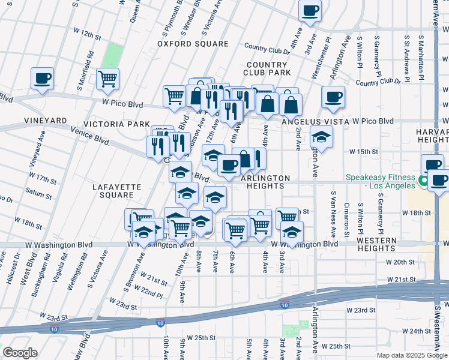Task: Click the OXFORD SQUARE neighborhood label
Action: pyautogui.click(x=193, y=44)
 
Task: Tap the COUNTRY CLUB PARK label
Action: pyautogui.click(x=266, y=68)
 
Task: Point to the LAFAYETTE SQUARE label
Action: pyautogui.click(x=117, y=191)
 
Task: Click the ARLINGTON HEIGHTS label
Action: pyautogui.click(x=265, y=182)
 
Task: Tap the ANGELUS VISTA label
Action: pyautogui.click(x=316, y=121)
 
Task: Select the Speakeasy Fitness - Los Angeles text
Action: pyautogui.click(x=380, y=181)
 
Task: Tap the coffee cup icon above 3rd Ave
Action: pyautogui.click(x=310, y=10)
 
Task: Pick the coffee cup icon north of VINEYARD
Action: pyautogui.click(x=43, y=78)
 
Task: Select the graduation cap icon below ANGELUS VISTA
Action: pyautogui.click(x=321, y=137)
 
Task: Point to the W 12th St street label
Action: pyautogui.click(x=87, y=32)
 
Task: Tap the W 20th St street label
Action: pyautogui.click(x=400, y=262)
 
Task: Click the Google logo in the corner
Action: pyautogui.click(x=20, y=353)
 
